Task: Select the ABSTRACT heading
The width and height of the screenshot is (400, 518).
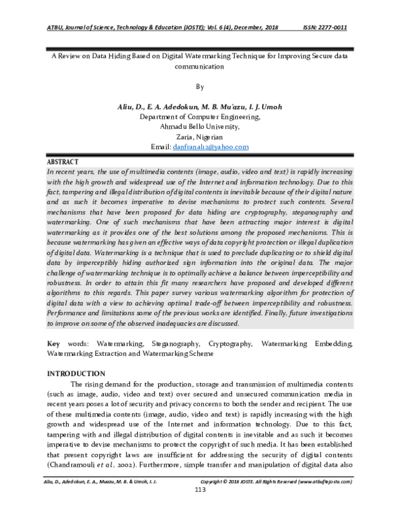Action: coord(63,162)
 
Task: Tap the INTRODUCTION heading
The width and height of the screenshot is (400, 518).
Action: coord(75,373)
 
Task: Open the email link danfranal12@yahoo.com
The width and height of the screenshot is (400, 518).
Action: coord(210,146)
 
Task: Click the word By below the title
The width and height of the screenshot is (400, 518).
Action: coord(200,87)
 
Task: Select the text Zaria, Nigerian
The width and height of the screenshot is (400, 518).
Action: coord(200,136)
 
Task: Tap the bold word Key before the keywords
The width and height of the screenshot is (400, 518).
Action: coord(53,343)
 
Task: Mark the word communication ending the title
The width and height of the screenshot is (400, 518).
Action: coord(200,67)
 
